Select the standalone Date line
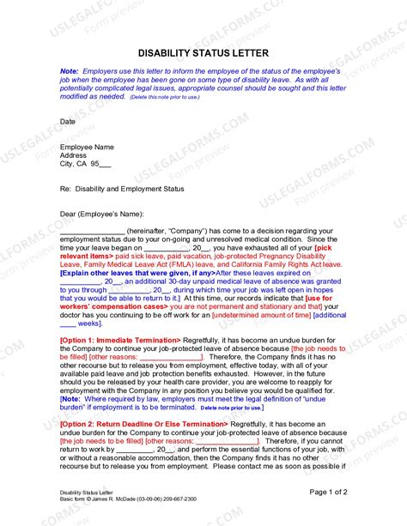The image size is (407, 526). pos(68,122)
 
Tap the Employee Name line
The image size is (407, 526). pos(87,148)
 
